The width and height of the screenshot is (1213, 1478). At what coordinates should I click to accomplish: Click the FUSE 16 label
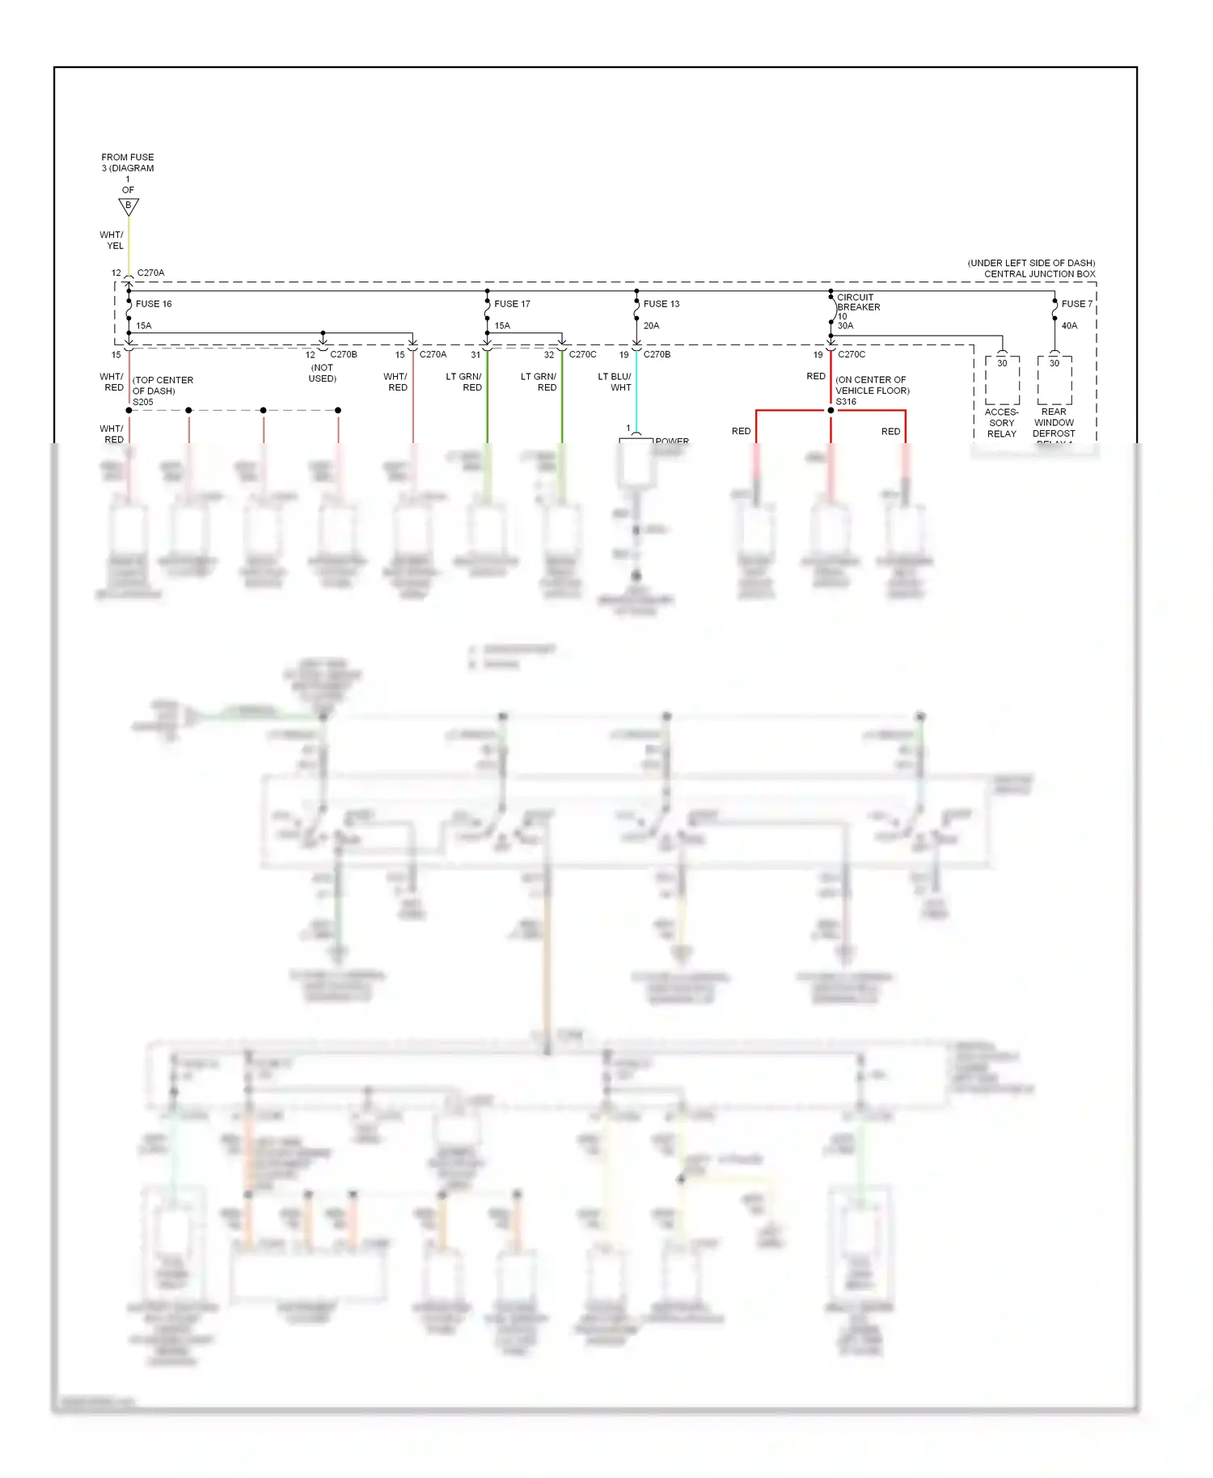154,304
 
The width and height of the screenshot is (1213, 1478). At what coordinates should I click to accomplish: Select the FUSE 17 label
512,304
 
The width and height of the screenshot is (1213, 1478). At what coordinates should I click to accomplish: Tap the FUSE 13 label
661,304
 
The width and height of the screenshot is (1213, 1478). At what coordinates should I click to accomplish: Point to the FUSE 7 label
1076,304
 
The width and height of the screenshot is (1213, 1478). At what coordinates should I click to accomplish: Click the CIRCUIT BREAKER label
858,302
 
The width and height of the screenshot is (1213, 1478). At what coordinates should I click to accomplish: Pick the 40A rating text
1069,326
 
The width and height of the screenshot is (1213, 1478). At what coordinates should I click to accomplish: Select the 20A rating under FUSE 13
651,326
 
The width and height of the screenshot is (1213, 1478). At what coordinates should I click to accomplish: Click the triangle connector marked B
129,206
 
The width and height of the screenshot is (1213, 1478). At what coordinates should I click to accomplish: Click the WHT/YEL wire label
112,240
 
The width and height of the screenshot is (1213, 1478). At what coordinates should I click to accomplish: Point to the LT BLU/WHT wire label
615,382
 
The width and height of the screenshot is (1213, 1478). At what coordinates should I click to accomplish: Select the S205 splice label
142,402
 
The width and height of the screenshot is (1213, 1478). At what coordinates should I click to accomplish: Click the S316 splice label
846,402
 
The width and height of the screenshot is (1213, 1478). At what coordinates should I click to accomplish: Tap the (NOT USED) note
322,373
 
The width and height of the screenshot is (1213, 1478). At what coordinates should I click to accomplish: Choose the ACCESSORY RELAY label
1001,423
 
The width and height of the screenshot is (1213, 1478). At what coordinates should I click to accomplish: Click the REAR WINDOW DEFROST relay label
1054,423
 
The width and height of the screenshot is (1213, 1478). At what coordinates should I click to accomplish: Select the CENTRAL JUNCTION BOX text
1039,274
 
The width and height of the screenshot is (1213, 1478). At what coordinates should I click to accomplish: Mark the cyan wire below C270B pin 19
636,392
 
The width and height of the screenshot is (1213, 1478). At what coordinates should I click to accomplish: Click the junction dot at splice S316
831,411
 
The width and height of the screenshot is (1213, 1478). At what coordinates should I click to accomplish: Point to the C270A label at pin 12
150,273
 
